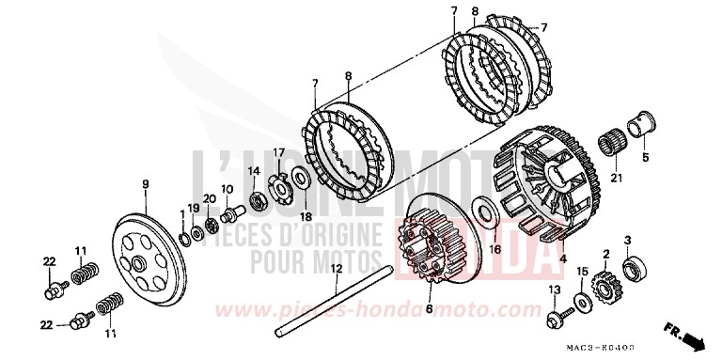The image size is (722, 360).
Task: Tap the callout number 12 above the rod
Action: [333, 268]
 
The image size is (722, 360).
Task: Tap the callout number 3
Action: [627, 241]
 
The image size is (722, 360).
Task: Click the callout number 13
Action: [555, 290]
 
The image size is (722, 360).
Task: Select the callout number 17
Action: [278, 152]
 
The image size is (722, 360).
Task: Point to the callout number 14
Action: [251, 170]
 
